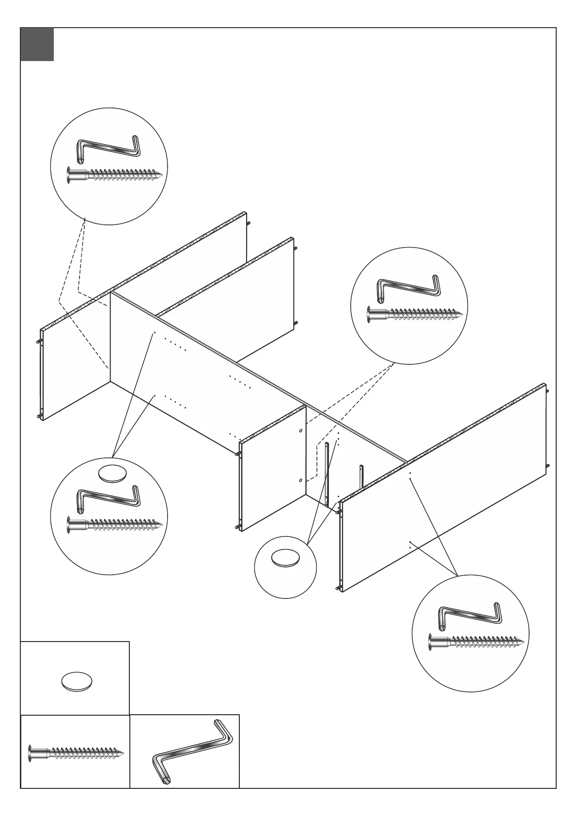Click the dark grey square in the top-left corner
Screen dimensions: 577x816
pos(37,45)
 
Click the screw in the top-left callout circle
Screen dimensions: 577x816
pos(114,174)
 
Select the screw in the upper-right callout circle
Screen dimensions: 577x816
pos(415,314)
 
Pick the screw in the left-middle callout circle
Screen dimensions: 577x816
pos(114,524)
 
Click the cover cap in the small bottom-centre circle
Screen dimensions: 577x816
pos(285,558)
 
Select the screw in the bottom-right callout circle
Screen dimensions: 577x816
pos(476,642)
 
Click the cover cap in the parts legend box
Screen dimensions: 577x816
pos(77,682)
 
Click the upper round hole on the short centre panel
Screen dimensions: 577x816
pos(301,430)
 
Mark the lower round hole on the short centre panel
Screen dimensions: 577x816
pos(301,480)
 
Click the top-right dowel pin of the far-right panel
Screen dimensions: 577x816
pos(547,391)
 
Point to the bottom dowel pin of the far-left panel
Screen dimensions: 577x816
pos(39,416)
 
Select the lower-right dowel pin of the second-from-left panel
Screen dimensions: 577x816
pos(296,323)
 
